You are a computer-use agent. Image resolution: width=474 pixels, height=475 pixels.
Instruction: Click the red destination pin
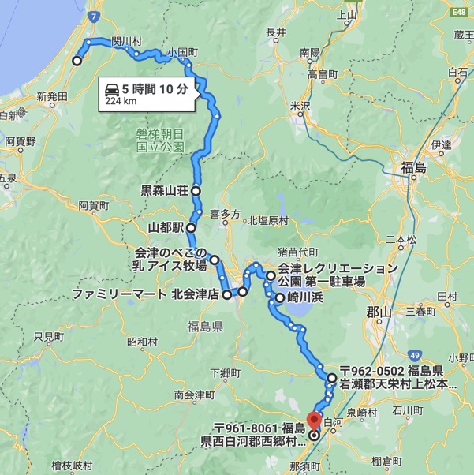pos(314,419)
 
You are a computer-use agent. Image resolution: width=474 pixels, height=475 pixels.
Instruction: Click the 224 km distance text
pos(121,101)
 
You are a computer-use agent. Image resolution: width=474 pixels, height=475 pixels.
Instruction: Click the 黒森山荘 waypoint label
pos(164,190)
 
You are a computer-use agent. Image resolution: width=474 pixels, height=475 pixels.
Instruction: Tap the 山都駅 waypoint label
pos(166,227)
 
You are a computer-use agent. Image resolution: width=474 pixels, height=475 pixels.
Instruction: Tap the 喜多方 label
pos(224,213)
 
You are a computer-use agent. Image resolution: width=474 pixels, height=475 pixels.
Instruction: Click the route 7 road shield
pos(93,14)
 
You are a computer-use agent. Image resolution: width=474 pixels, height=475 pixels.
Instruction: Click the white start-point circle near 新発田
pos(77,61)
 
